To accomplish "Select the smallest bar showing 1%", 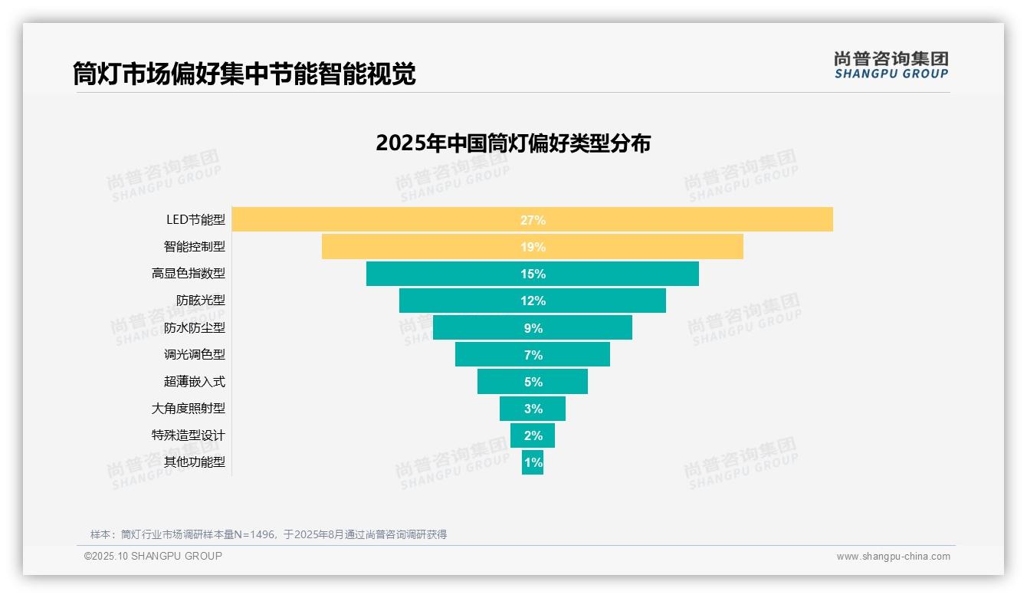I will click(533, 462).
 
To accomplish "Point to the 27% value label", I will click(533, 220).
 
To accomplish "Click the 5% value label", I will click(533, 382).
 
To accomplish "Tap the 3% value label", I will click(533, 409).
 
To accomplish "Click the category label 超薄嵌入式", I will click(195, 381).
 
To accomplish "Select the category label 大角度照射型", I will click(189, 408).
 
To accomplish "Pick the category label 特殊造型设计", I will click(189, 435).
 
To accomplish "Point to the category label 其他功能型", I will click(195, 462).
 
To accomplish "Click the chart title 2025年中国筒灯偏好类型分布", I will click(513, 143).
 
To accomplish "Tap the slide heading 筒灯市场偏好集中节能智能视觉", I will click(244, 74).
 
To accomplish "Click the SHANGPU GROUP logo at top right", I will click(891, 65).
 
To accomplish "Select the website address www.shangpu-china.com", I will click(893, 557).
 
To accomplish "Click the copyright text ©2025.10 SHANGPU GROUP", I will click(153, 556).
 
